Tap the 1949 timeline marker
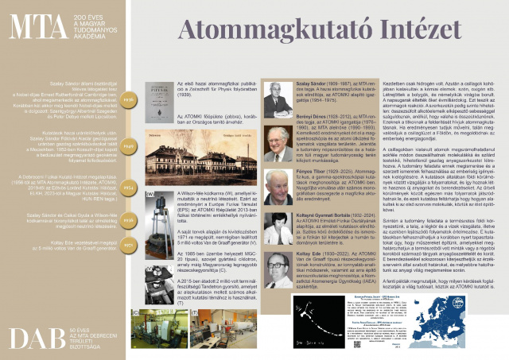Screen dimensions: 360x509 coord(130,146)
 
